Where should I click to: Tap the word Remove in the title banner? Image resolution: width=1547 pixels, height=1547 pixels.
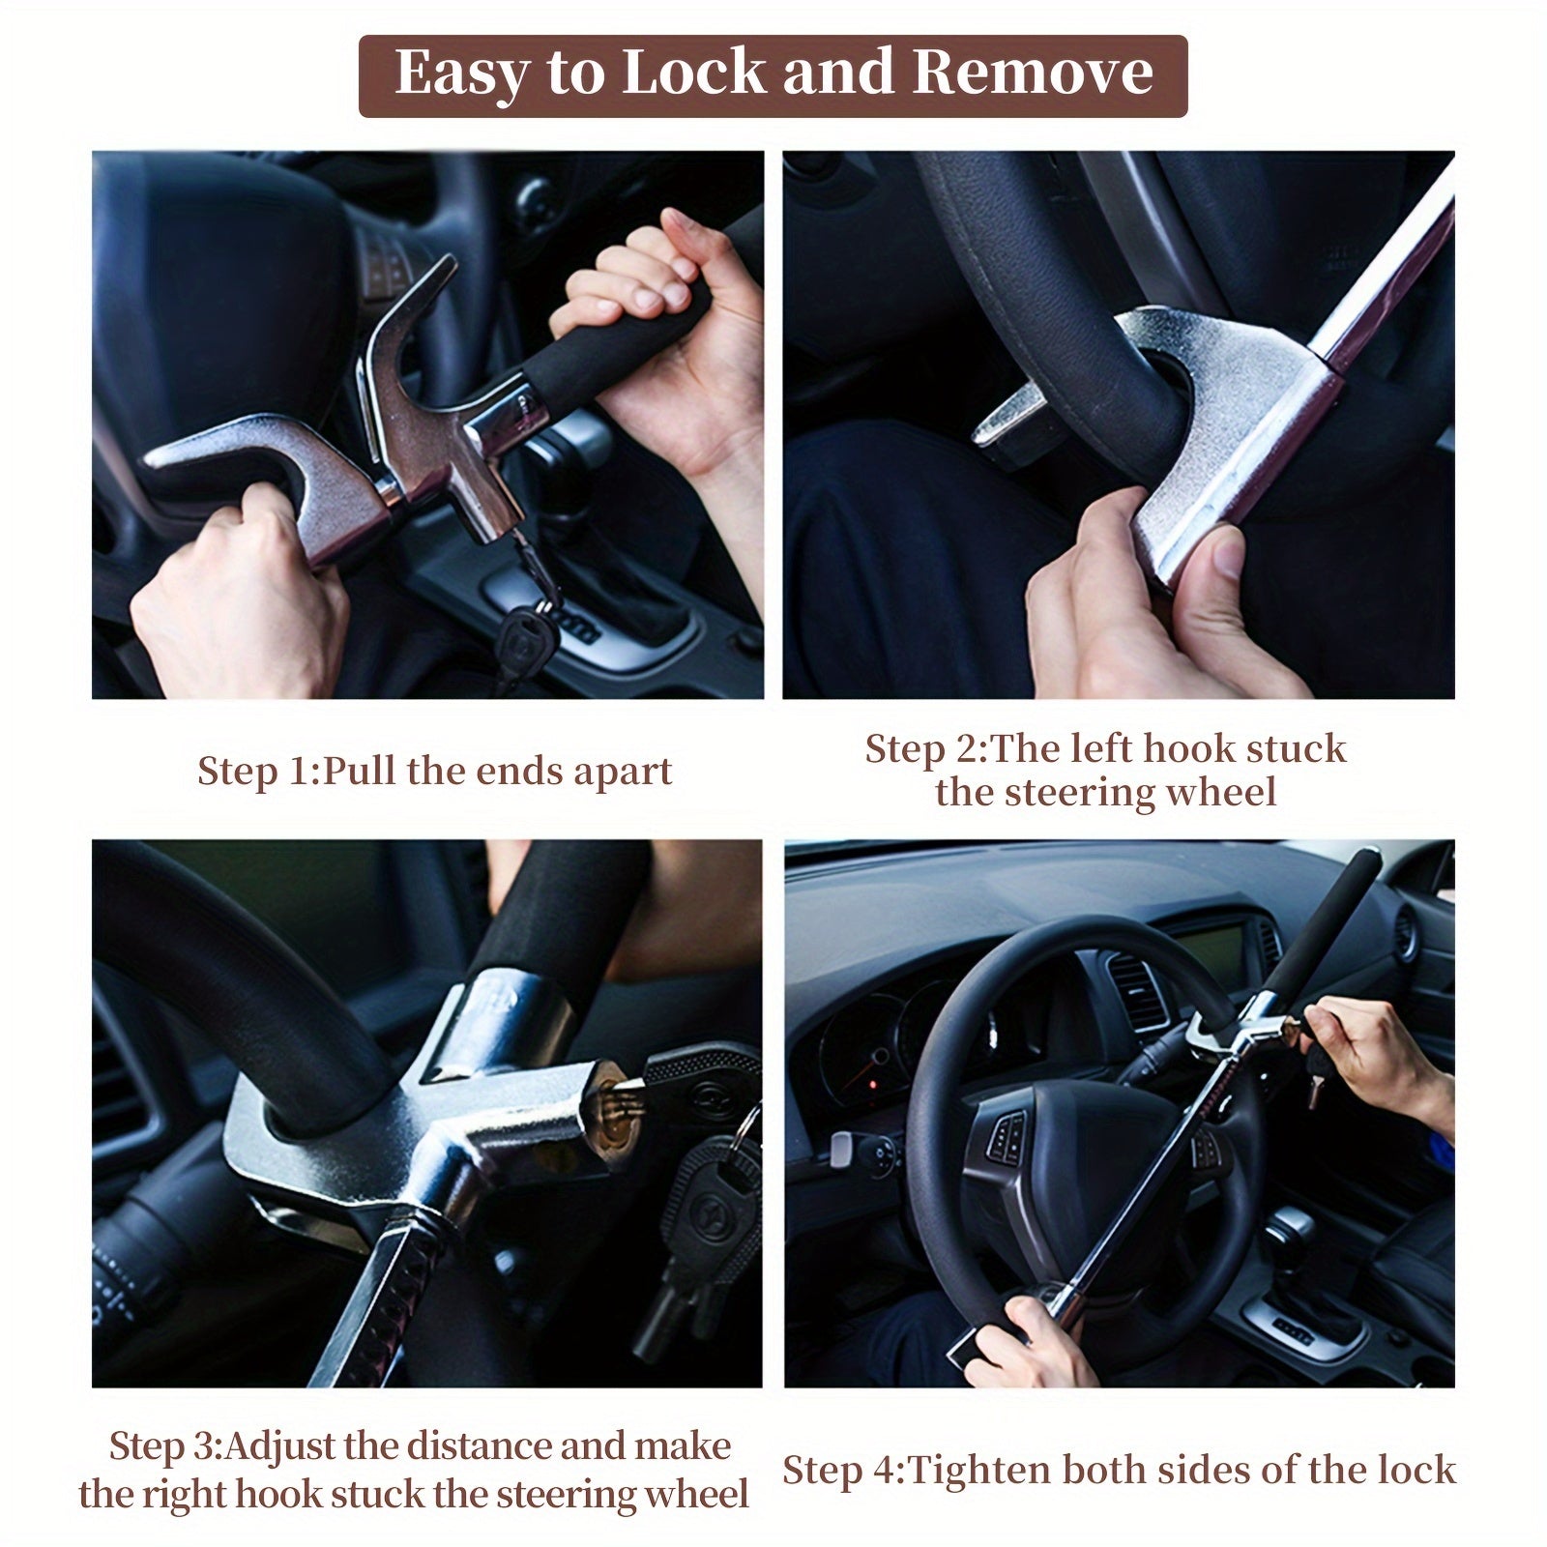pos(1032,73)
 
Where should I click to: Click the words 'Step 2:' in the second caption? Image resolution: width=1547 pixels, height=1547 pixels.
pos(926,749)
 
